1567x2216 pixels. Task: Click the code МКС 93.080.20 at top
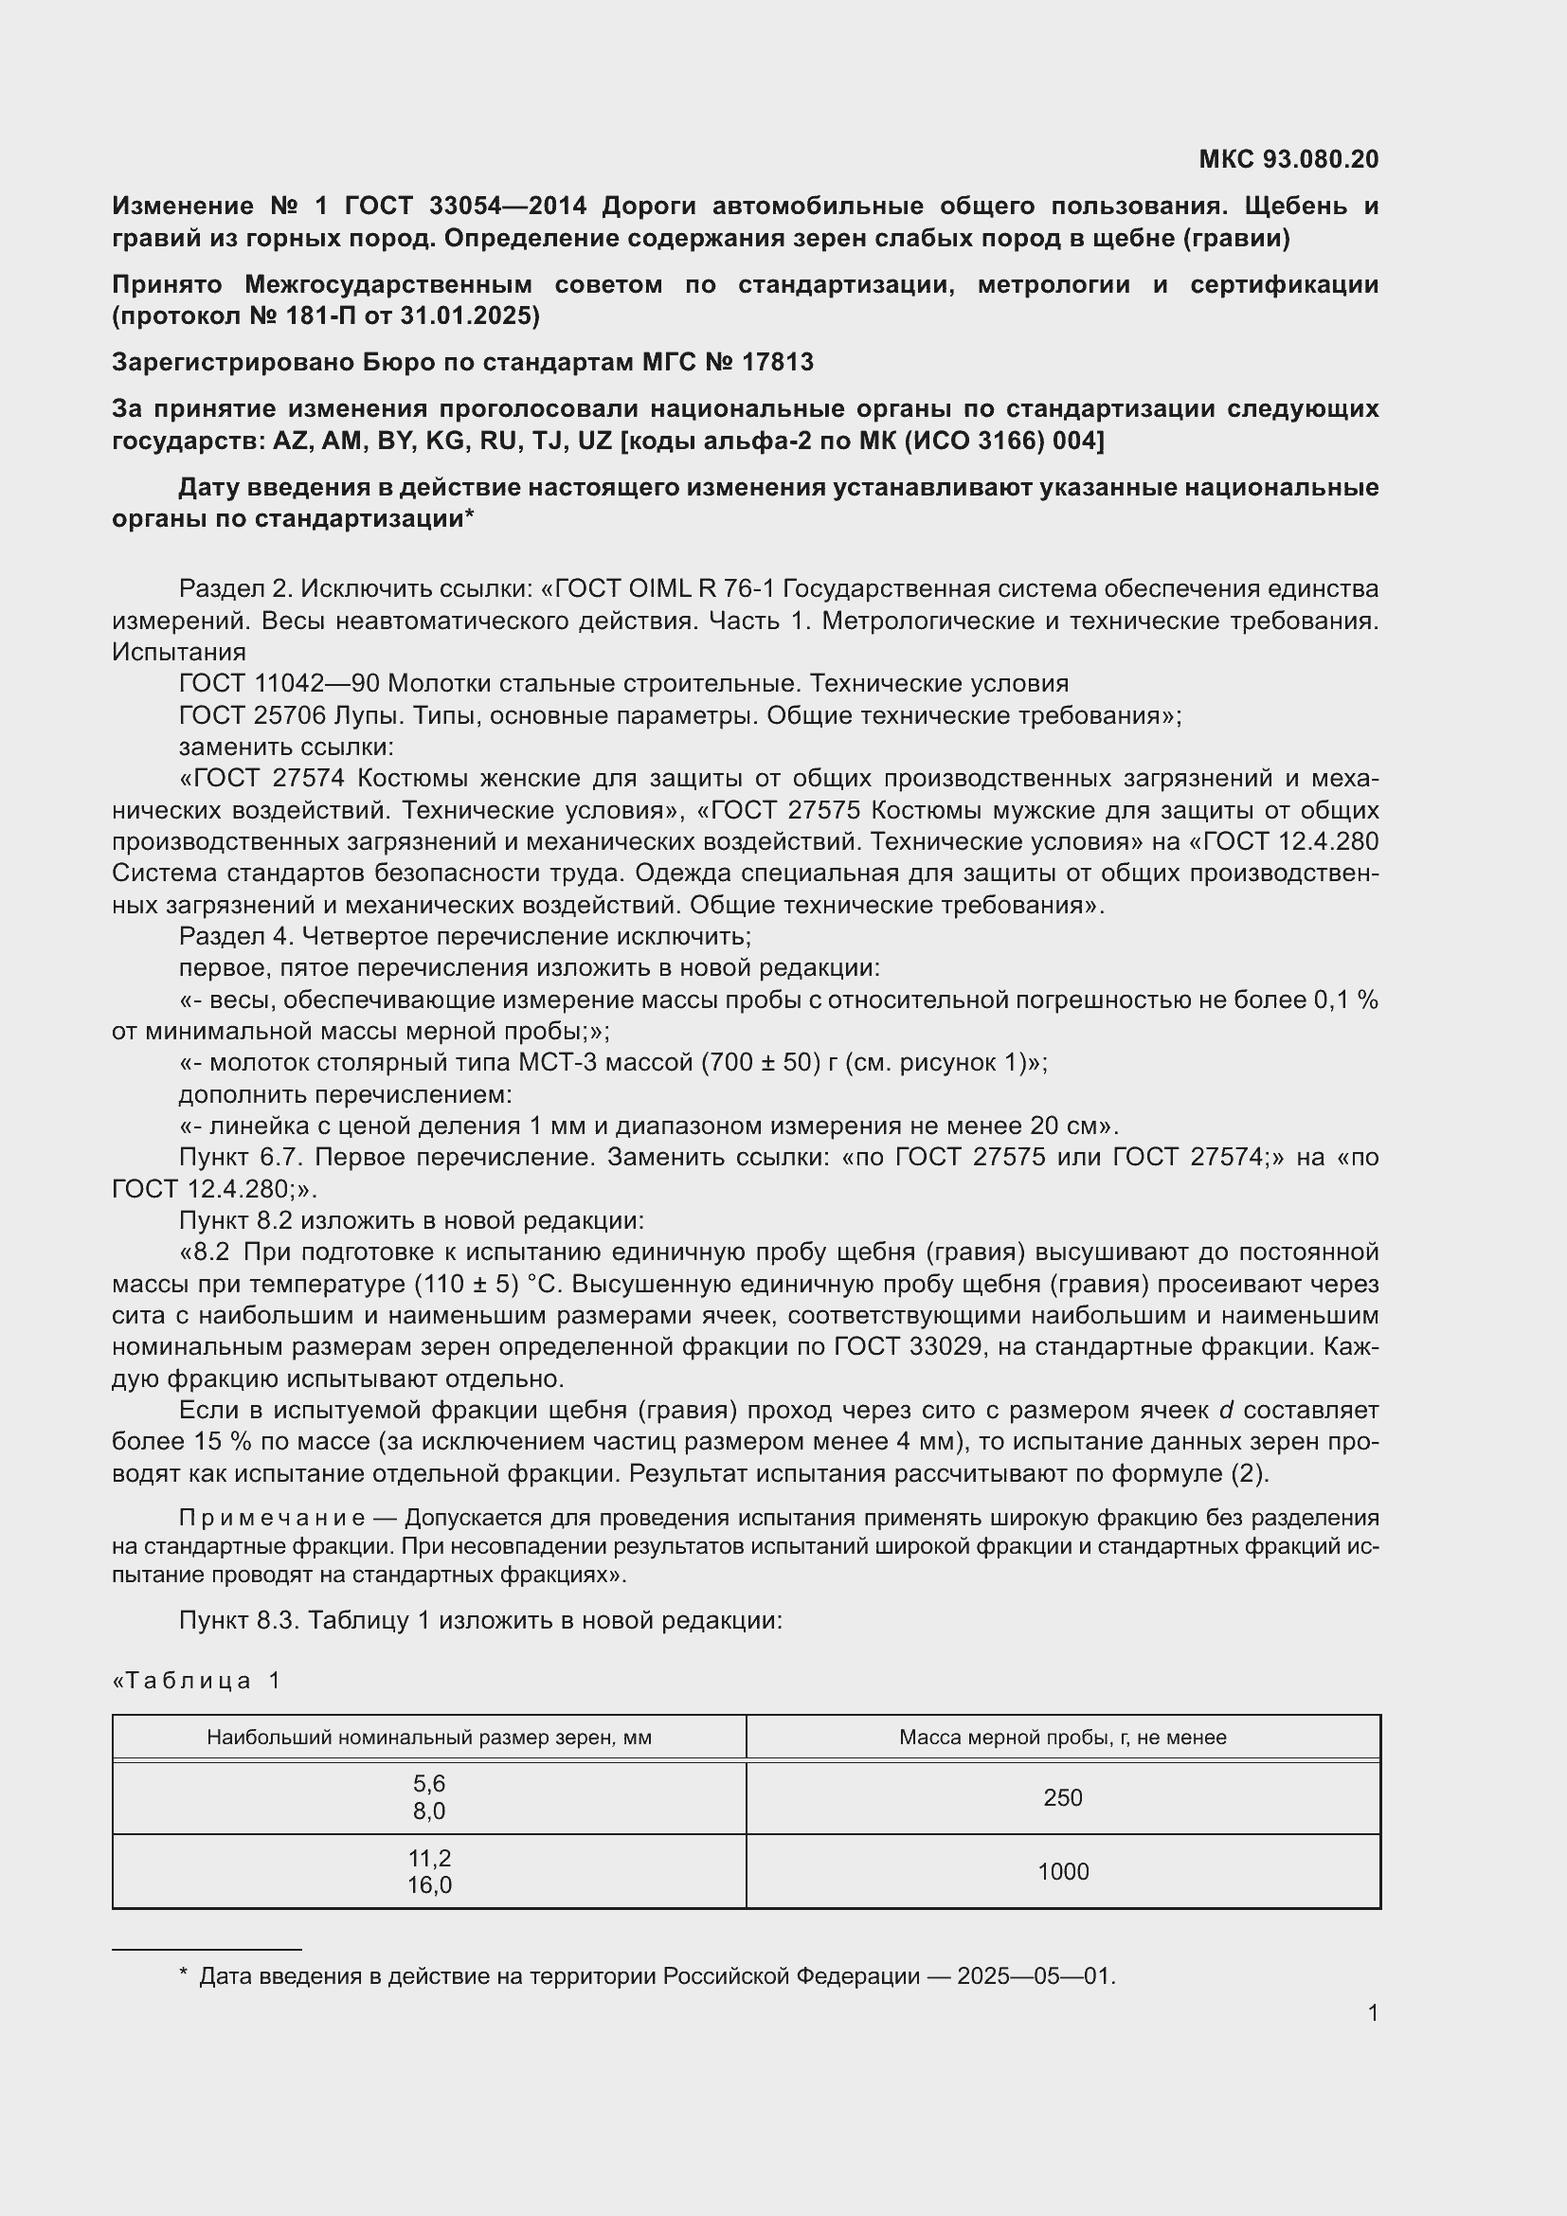1288,159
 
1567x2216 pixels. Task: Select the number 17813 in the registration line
778,362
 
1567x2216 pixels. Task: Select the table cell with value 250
1062,1797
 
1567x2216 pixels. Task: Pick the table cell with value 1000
1062,1871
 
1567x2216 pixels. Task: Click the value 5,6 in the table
429,1784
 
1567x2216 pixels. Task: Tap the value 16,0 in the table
429,1885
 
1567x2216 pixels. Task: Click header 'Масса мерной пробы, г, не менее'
1062,1738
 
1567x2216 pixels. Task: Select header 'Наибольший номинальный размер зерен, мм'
429,1738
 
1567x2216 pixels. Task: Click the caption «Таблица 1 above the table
197,1681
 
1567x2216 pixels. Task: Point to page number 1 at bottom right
1372,2012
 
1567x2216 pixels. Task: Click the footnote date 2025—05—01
1035,1975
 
